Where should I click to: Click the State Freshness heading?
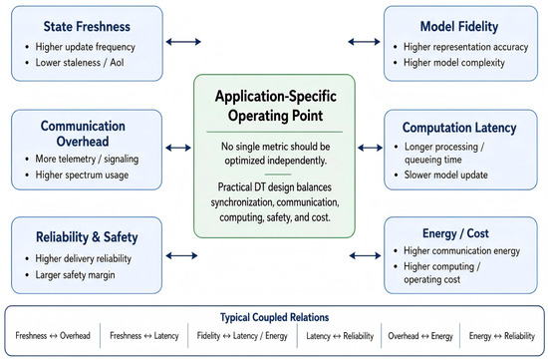[x=87, y=27]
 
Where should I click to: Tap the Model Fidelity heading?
[x=459, y=27]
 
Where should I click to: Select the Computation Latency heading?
[x=459, y=128]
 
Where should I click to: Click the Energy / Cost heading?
[x=455, y=233]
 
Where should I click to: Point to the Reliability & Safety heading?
[x=87, y=237]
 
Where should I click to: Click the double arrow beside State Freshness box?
[x=183, y=42]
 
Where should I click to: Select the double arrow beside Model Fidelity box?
[x=364, y=42]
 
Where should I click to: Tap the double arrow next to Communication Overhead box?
[x=178, y=148]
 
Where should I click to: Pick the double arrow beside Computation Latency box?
[x=370, y=148]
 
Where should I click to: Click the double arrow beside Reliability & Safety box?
[x=181, y=256]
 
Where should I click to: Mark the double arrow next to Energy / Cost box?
[x=366, y=256]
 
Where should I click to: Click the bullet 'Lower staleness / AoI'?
[x=80, y=63]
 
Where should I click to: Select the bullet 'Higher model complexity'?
[x=454, y=63]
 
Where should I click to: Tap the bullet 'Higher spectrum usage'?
[x=82, y=175]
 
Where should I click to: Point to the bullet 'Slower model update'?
[x=445, y=175]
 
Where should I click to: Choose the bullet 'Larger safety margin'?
[x=75, y=275]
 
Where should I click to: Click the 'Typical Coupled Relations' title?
[x=274, y=317]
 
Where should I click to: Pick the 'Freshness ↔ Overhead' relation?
[x=53, y=336]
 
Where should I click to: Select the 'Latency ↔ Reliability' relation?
[x=340, y=336]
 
